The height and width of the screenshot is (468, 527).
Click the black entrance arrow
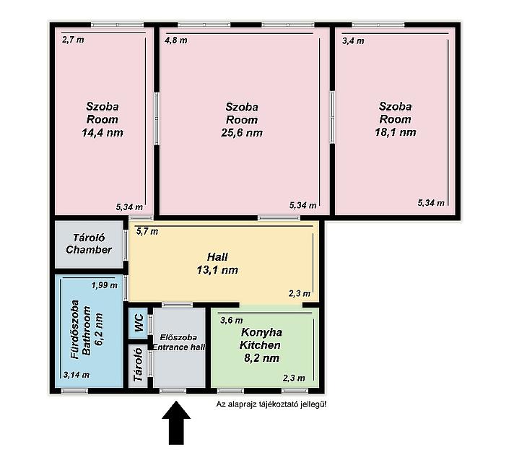pyautogui.click(x=176, y=422)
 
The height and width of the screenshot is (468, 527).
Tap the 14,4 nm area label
pyautogui.click(x=103, y=132)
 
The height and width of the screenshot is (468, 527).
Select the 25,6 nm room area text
pyautogui.click(x=242, y=133)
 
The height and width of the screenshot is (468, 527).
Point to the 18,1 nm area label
pyautogui.click(x=396, y=132)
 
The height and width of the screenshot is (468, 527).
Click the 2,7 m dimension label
pyautogui.click(x=73, y=40)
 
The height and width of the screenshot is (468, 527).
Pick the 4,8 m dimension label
pyautogui.click(x=175, y=40)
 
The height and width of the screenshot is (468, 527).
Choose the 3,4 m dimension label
pyautogui.click(x=353, y=41)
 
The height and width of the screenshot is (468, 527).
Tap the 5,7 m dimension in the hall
pyautogui.click(x=147, y=231)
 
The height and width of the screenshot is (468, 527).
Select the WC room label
pyautogui.click(x=139, y=323)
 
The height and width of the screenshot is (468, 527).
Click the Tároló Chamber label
pyautogui.click(x=89, y=244)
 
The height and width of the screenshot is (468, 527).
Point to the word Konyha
pyautogui.click(x=261, y=332)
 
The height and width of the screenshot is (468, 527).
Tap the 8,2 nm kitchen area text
pyautogui.click(x=261, y=358)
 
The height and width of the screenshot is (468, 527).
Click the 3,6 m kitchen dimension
pyautogui.click(x=232, y=320)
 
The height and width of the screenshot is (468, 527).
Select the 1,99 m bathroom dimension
pyautogui.click(x=105, y=285)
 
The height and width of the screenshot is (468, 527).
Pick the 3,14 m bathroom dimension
pyautogui.click(x=77, y=375)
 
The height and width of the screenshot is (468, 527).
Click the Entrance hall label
pyautogui.click(x=179, y=347)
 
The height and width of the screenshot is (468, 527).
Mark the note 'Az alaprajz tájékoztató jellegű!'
pyautogui.click(x=271, y=404)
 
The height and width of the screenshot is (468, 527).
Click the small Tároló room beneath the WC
pyautogui.click(x=138, y=365)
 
